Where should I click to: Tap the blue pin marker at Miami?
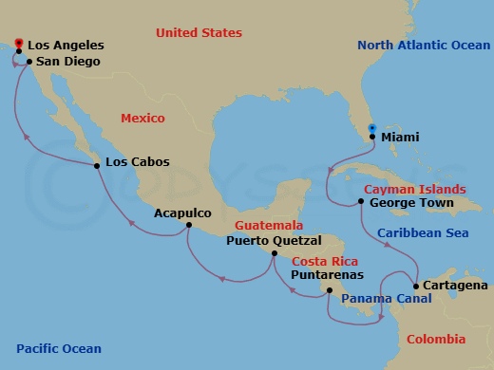click(x=371, y=129)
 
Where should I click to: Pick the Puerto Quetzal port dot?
click(x=275, y=254)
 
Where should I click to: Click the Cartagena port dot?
click(x=416, y=286)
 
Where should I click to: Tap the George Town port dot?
click(x=362, y=201)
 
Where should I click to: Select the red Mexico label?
click(x=142, y=118)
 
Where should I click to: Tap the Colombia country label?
click(x=436, y=339)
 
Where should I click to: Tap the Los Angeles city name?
click(x=66, y=45)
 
